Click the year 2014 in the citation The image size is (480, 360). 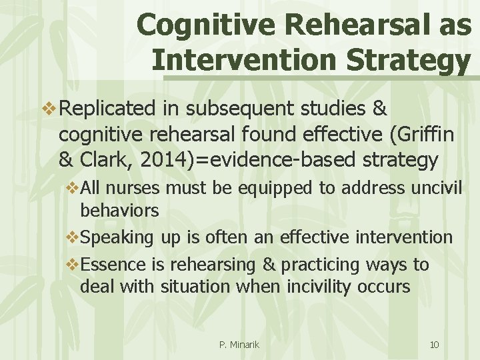[x=164, y=161]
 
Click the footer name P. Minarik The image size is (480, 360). [x=239, y=345]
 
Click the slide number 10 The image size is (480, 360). [x=434, y=345]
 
